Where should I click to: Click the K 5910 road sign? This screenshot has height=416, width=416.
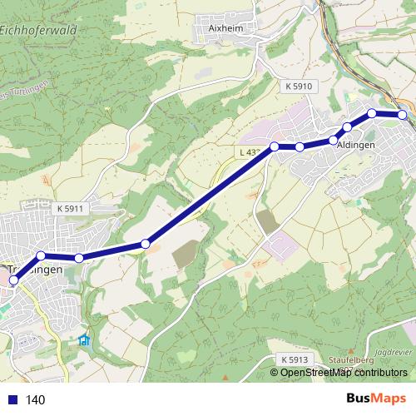(297, 86)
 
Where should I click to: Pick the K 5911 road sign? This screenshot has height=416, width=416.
(72, 208)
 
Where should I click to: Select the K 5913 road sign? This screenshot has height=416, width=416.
(294, 359)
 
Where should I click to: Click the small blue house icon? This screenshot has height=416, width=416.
(83, 340)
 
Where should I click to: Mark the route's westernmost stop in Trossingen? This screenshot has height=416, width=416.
(13, 281)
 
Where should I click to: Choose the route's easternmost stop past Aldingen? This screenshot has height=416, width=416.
(403, 115)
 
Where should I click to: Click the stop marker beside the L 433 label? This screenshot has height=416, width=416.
(274, 146)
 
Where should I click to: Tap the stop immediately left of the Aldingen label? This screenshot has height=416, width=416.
(334, 140)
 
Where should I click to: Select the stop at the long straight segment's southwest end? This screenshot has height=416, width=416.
(146, 244)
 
